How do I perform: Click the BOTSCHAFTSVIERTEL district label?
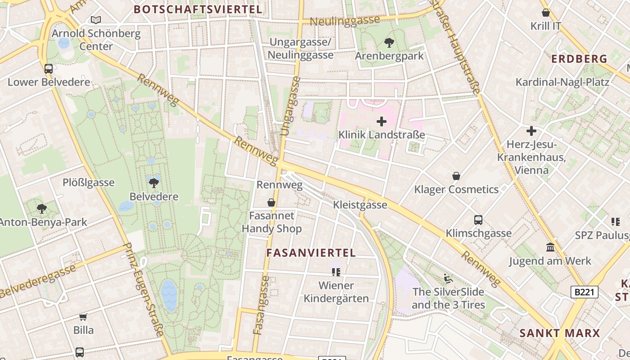[x=198, y=9]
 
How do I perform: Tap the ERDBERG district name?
[x=579, y=59]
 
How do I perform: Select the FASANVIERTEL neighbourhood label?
[x=311, y=253]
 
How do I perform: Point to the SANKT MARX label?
[x=560, y=333]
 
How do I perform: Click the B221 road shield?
[x=585, y=292]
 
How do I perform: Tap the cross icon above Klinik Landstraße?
[x=382, y=121]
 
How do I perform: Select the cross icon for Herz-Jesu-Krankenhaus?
[x=531, y=131]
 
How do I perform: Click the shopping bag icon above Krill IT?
[x=546, y=13]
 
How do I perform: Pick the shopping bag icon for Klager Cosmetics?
[x=456, y=176]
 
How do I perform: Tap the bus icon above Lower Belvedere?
[x=49, y=69]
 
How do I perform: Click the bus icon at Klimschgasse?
[x=478, y=220]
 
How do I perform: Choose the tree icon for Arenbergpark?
[x=389, y=43]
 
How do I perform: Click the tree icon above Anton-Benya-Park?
[x=42, y=209]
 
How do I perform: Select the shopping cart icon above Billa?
[x=83, y=317]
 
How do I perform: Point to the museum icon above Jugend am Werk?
[x=550, y=247]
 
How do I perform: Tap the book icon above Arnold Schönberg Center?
[x=96, y=20]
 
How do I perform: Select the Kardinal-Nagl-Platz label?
[x=562, y=82]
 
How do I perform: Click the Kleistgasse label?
[x=360, y=205]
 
